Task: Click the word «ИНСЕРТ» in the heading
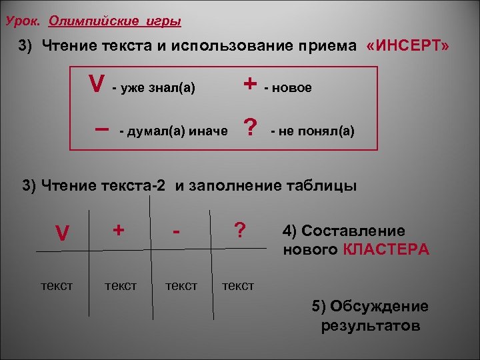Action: pos(407,46)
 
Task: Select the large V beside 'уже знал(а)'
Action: pos(97,85)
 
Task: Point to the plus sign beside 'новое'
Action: pos(250,84)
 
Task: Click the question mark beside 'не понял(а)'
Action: pos(250,127)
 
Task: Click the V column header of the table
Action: pos(62,233)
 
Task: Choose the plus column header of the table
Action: pos(119,230)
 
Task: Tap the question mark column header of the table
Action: pos(238,230)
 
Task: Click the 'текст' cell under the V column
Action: pos(57,285)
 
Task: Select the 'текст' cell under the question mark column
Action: pos(238,285)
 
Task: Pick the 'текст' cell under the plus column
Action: pos(121,285)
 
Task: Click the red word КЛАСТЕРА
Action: pos(387,250)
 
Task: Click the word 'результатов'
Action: pos(371,326)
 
